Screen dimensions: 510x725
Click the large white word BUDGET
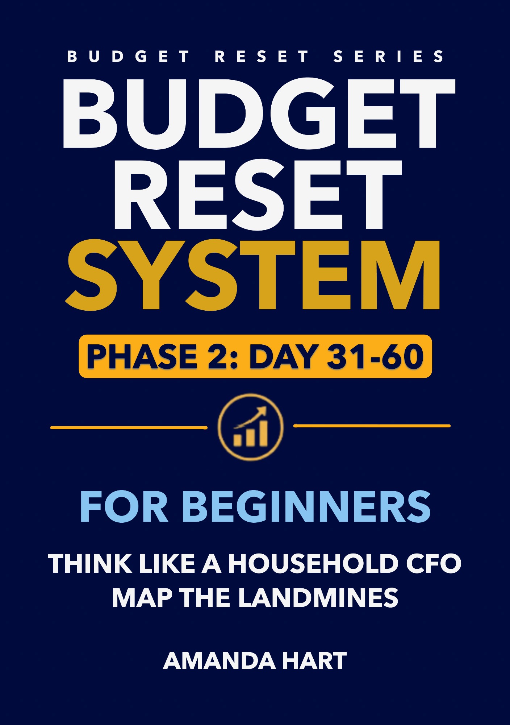tap(259, 113)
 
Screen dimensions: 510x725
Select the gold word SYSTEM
tap(253, 275)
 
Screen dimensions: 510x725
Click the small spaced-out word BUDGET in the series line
tap(128, 57)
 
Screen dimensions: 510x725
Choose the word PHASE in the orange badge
tap(142, 357)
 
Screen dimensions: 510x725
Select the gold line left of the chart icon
tap(129, 428)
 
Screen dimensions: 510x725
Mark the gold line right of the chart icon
tap(372, 426)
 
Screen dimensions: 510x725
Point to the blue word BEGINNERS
tap(306, 507)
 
